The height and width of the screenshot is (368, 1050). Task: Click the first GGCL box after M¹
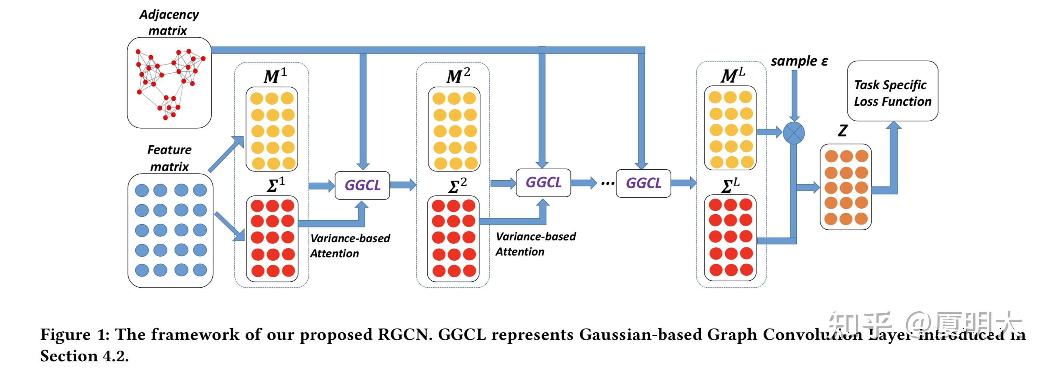(362, 185)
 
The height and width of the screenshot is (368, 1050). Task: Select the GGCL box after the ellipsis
(643, 183)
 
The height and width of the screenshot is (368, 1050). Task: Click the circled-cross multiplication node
(794, 133)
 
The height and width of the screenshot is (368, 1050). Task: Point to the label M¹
(275, 76)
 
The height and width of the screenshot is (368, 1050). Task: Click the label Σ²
(457, 186)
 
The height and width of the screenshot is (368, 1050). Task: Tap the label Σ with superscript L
(730, 186)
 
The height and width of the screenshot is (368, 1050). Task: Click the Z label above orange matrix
(842, 131)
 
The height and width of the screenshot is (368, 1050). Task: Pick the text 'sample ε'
(799, 61)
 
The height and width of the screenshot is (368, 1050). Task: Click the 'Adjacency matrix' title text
(168, 22)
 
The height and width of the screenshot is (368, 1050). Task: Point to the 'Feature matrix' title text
(169, 158)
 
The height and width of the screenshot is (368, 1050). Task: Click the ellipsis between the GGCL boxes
(607, 183)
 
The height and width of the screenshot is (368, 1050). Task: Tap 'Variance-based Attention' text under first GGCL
(350, 246)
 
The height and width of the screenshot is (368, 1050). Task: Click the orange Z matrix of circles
(845, 187)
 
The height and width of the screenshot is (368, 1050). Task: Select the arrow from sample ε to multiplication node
(794, 96)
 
